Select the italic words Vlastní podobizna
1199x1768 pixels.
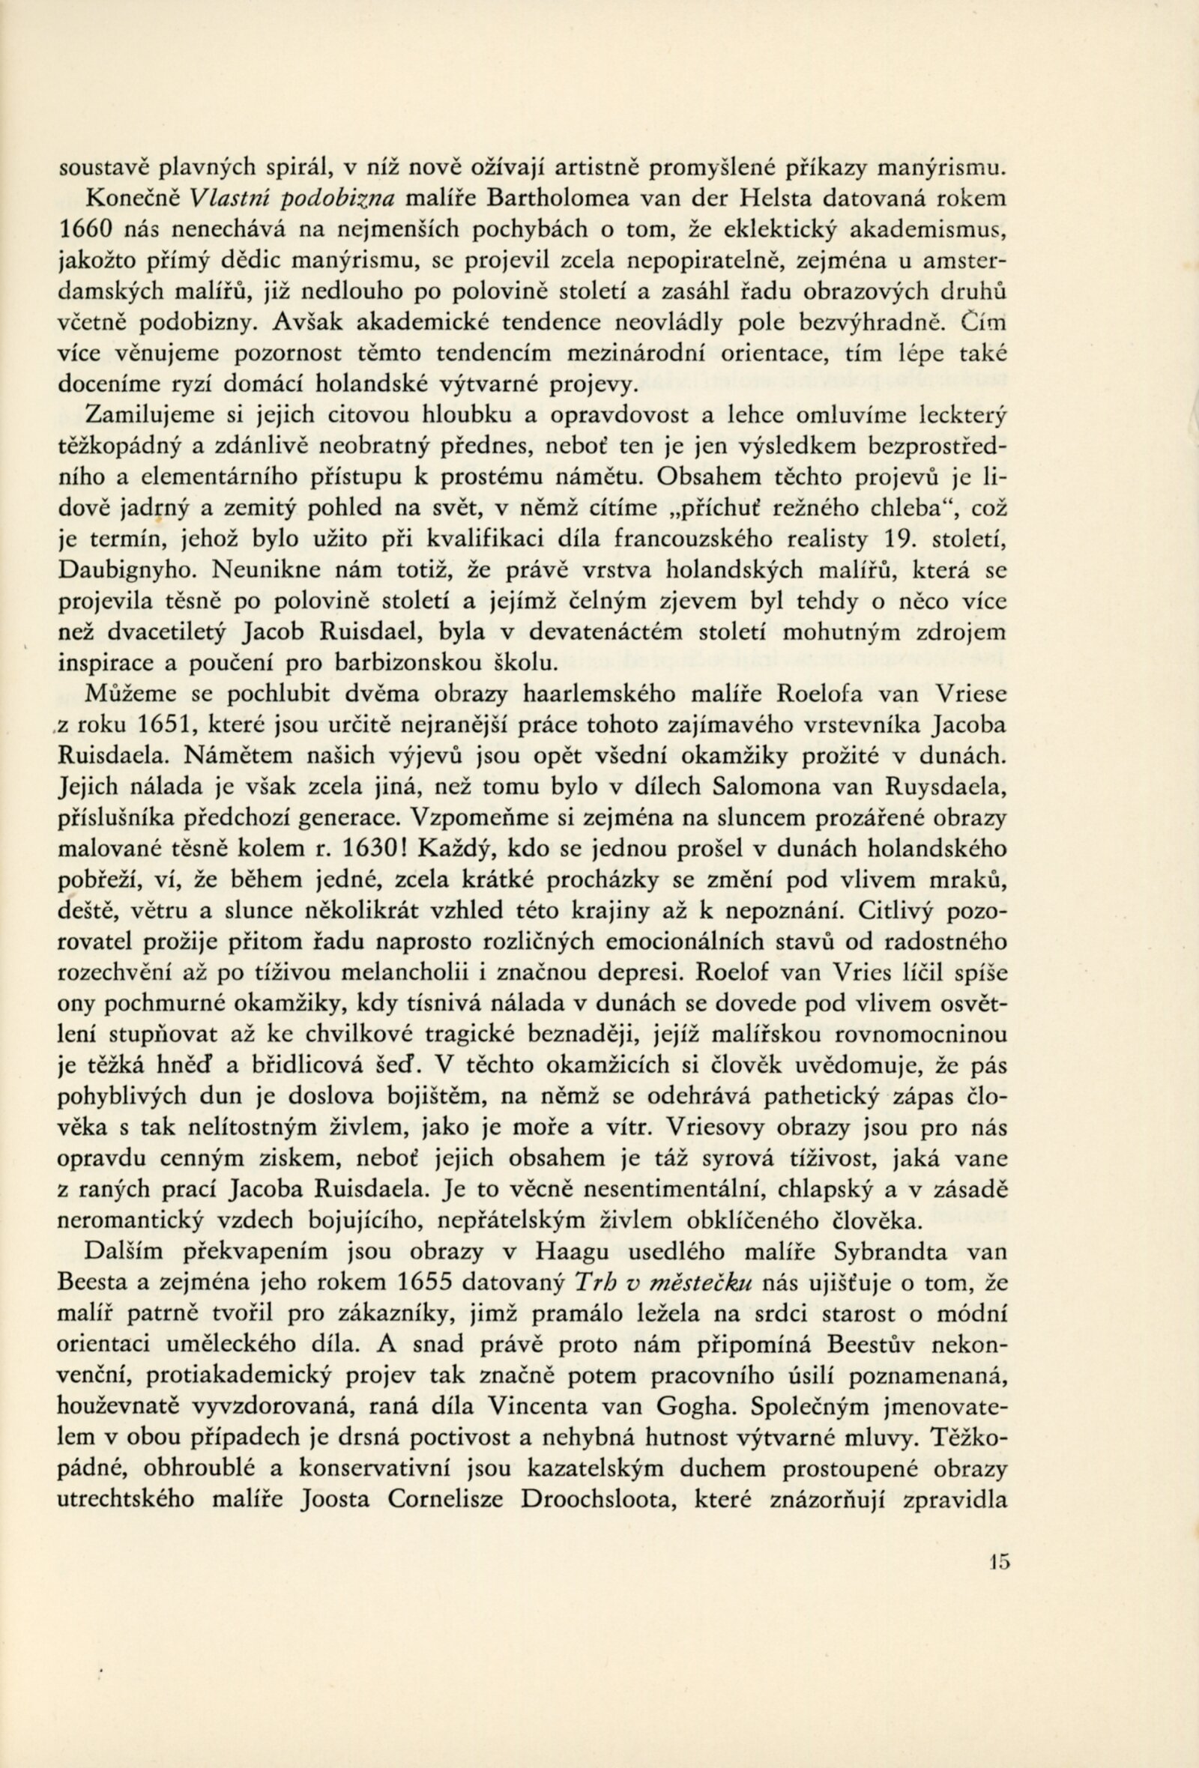coord(292,199)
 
